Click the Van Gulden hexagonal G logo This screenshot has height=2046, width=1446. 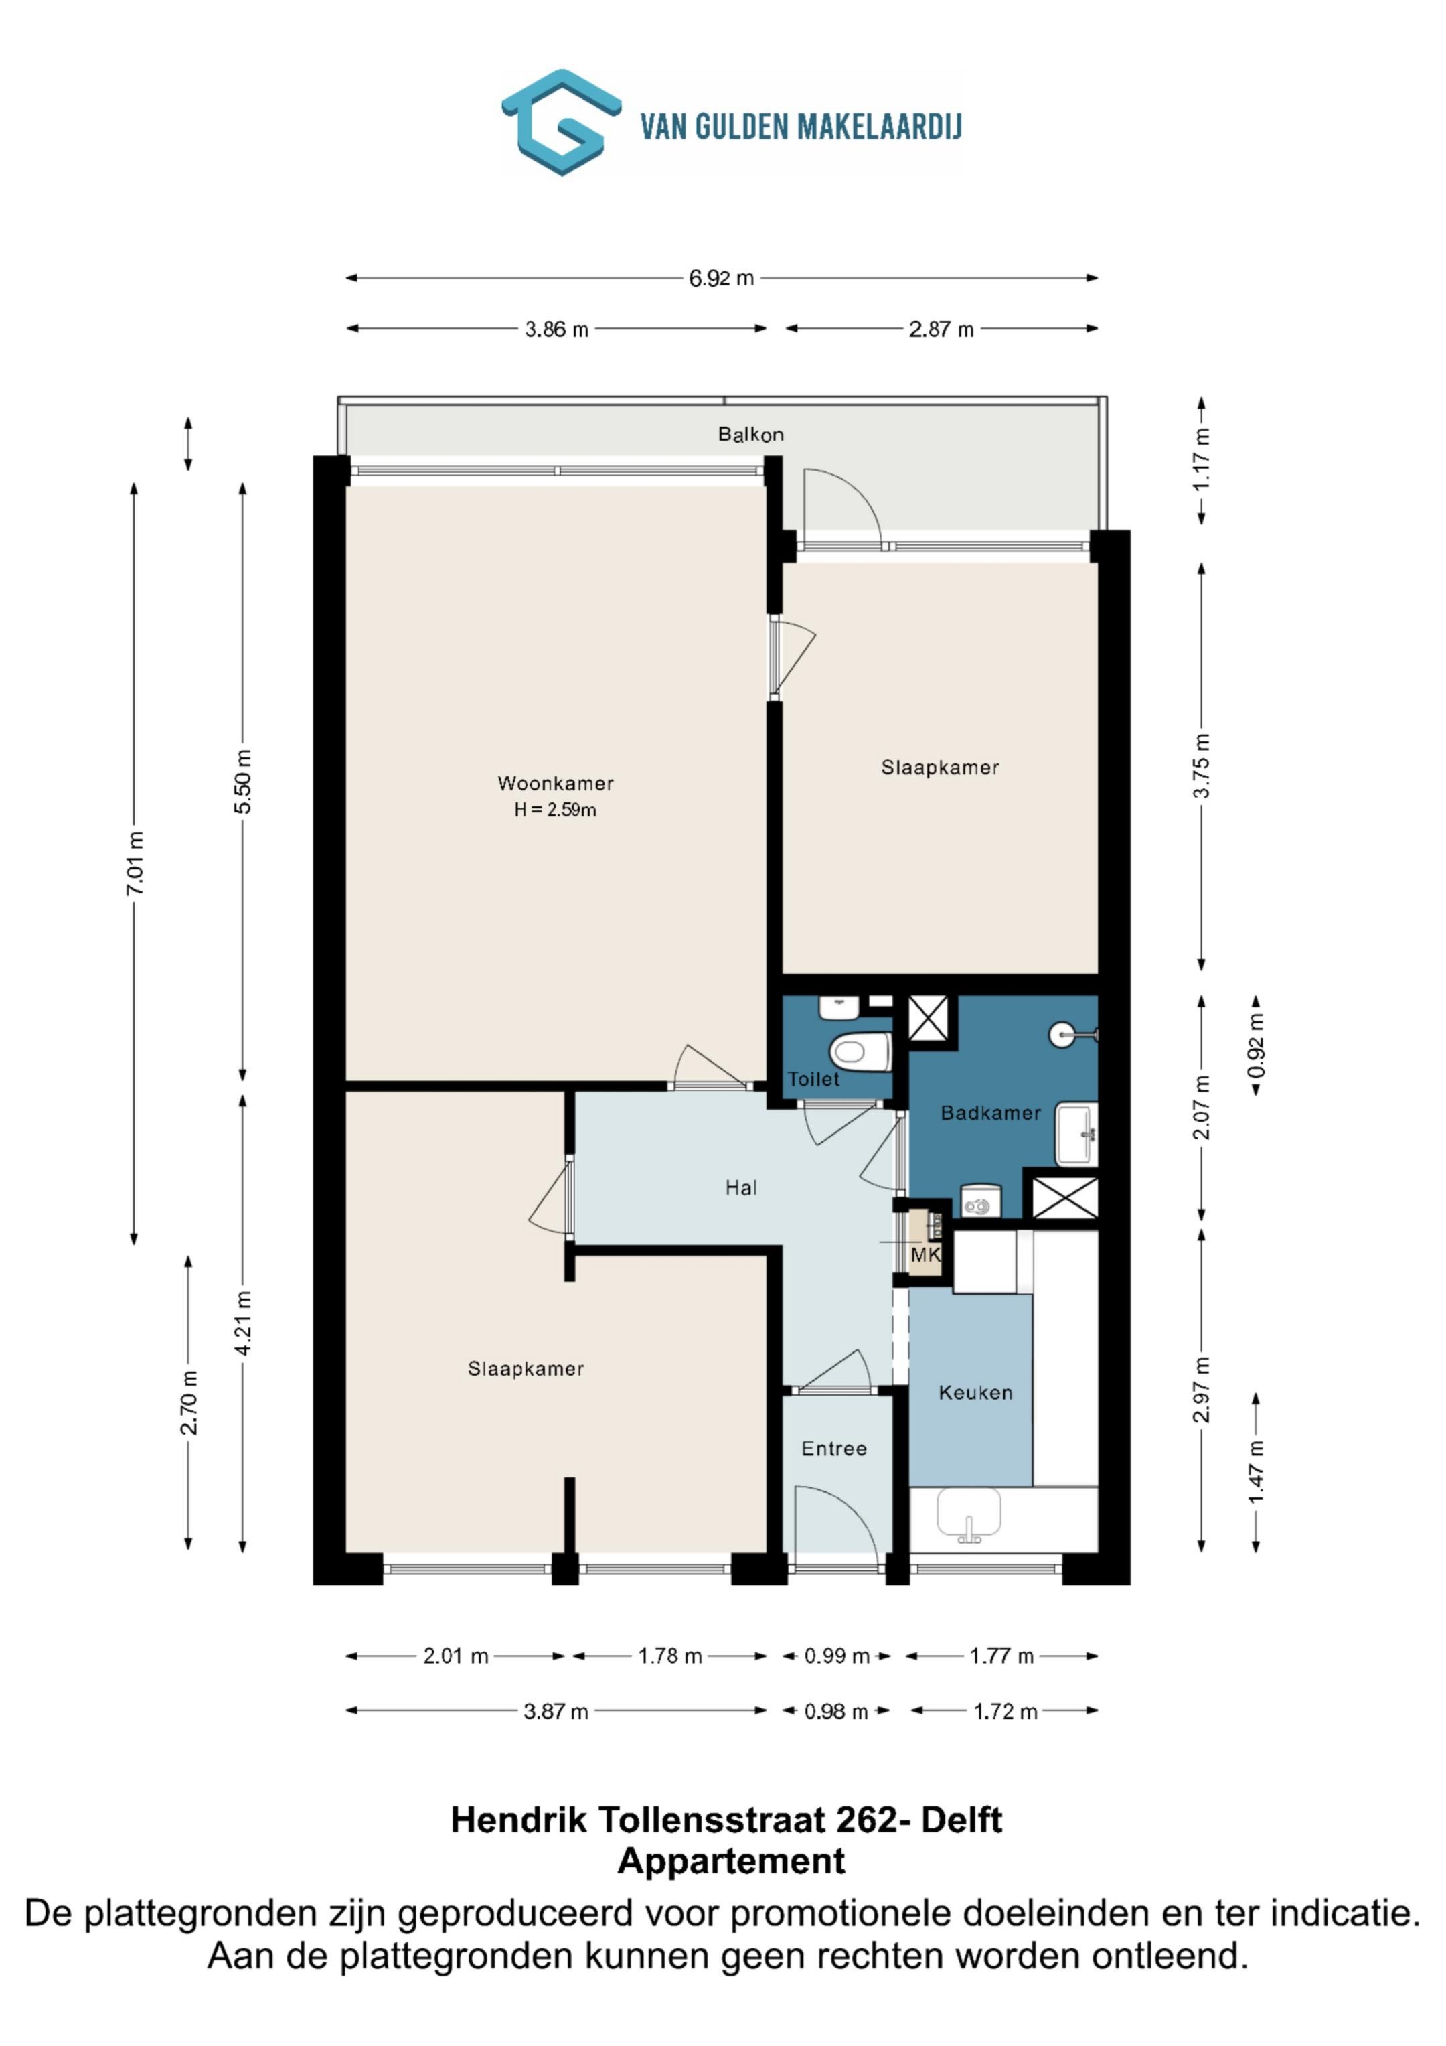[560, 122]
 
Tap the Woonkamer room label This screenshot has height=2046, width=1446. [555, 784]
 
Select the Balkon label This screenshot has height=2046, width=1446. [751, 434]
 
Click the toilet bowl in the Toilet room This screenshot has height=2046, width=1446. [861, 1052]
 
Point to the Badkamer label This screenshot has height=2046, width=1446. [991, 1112]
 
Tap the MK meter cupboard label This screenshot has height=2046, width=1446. [926, 1256]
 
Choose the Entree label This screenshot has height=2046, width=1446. [834, 1448]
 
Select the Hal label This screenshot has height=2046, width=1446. [740, 1187]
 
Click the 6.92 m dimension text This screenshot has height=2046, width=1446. [721, 278]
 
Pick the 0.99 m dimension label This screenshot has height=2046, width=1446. [837, 1656]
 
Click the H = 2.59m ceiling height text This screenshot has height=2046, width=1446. [555, 810]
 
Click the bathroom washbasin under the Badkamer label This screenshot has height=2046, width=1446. [1076, 1133]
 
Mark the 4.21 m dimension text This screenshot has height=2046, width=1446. [242, 1323]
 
